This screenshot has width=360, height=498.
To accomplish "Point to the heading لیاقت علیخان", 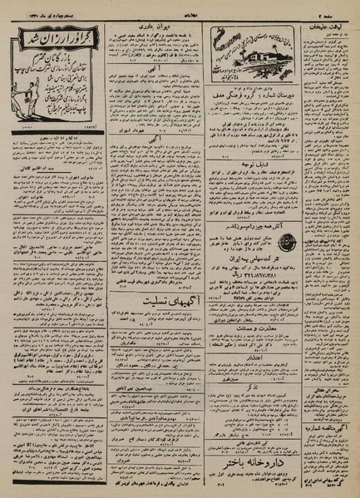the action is click(x=320, y=26).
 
